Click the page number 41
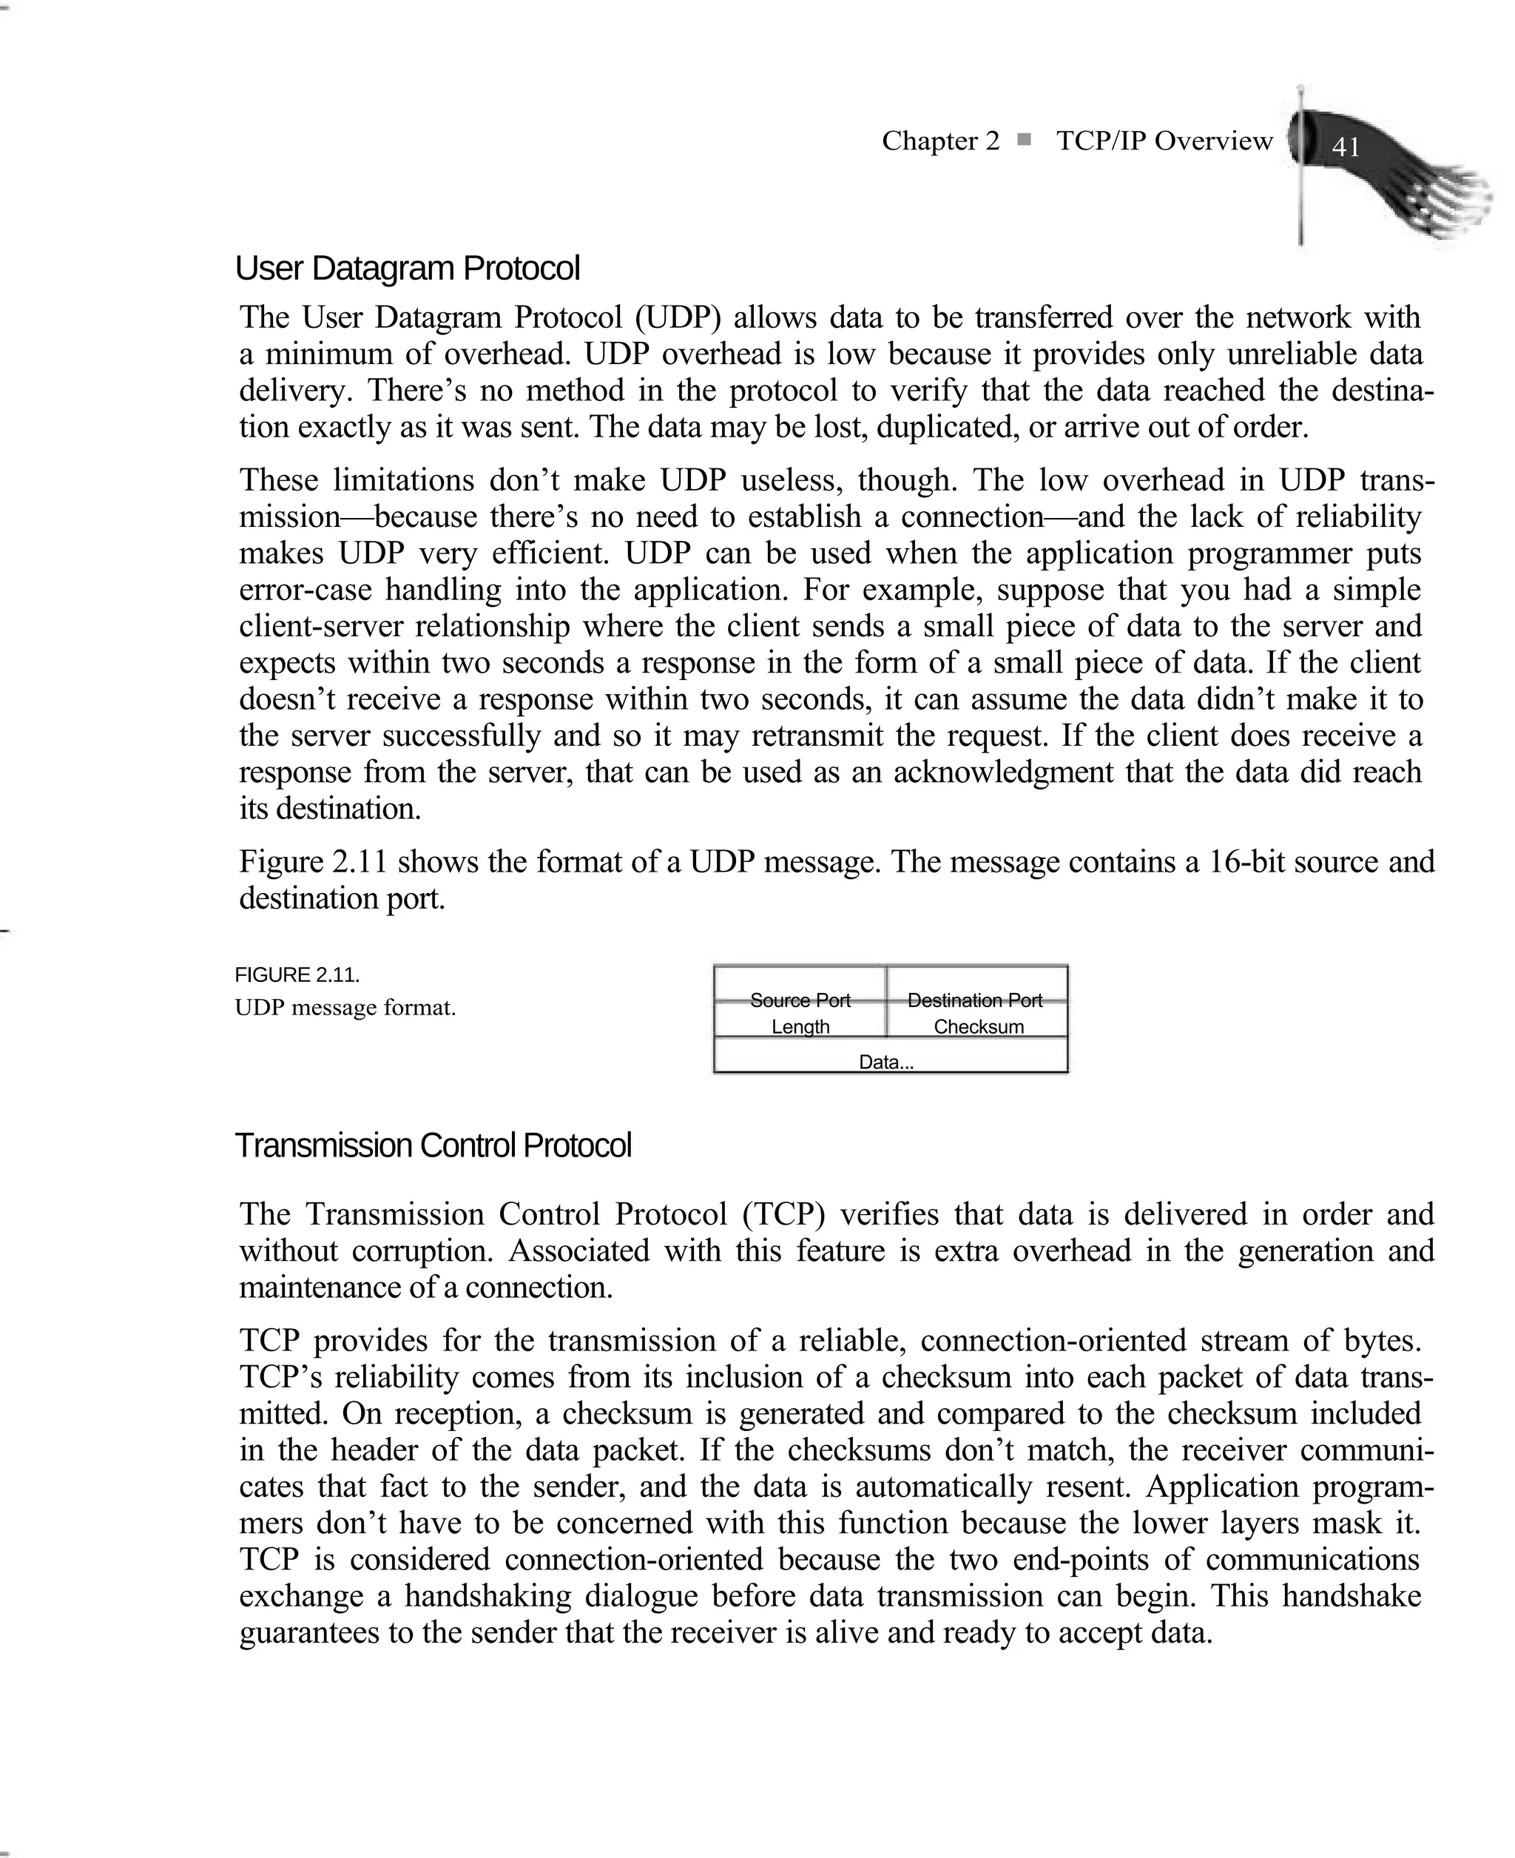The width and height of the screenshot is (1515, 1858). point(1345,146)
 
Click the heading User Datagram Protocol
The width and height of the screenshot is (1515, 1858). point(407,269)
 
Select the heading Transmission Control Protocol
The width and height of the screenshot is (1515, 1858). point(433,1146)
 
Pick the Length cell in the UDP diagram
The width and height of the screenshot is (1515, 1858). point(800,1026)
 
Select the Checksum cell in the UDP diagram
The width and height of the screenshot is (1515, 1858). point(978,1026)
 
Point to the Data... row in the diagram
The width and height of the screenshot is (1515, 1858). point(887,1061)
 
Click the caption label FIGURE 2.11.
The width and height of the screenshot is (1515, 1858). point(297,975)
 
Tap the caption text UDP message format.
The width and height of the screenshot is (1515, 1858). point(345,1008)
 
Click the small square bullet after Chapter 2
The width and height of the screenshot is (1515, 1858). point(1025,139)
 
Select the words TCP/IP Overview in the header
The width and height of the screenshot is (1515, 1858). point(1164,141)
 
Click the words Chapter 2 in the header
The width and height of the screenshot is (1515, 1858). point(940,141)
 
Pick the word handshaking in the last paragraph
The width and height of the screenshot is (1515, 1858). point(487,1596)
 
